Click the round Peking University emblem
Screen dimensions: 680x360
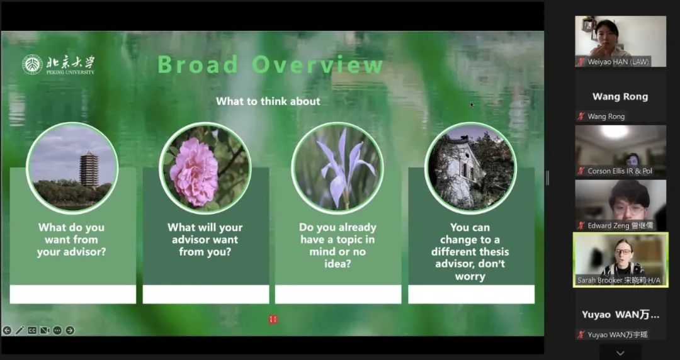[33, 65]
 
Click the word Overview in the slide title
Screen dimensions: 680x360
[318, 64]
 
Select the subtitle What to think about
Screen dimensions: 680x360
[268, 101]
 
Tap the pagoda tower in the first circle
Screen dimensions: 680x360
[89, 169]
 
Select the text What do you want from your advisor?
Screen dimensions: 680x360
[72, 240]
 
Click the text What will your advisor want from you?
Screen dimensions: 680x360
[205, 240]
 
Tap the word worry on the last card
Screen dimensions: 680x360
[470, 276]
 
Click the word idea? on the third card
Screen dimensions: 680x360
[338, 264]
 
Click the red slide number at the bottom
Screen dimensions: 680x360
[273, 320]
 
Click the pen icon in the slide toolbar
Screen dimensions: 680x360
[20, 330]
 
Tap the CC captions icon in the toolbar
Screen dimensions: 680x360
[32, 330]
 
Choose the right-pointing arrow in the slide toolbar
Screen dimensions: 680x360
[70, 330]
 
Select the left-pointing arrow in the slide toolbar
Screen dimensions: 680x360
[7, 330]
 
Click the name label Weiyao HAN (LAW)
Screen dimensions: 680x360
[618, 62]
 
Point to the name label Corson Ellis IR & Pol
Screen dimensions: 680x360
[620, 171]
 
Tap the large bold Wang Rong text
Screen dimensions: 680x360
[620, 97]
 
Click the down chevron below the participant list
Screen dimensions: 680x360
[621, 353]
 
